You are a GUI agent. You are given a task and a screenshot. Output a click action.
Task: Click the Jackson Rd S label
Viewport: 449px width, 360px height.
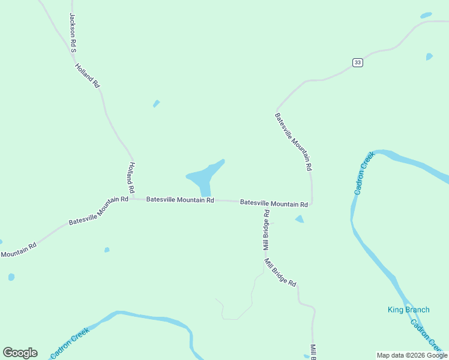click(x=73, y=32)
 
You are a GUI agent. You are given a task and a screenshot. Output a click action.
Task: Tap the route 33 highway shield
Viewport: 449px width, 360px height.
click(x=357, y=62)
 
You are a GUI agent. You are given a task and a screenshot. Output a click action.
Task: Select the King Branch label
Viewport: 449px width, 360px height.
click(x=408, y=310)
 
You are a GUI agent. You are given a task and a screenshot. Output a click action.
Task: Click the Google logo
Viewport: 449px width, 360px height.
click(x=20, y=353)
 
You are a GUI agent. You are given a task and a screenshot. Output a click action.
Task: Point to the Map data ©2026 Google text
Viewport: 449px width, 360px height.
click(x=412, y=355)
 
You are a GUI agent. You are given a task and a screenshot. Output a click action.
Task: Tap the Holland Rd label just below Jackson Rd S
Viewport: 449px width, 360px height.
click(x=87, y=76)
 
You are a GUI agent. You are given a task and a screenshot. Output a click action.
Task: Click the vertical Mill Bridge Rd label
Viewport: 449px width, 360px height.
click(x=266, y=230)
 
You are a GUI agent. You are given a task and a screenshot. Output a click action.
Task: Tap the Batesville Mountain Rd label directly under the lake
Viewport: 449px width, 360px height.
click(x=180, y=200)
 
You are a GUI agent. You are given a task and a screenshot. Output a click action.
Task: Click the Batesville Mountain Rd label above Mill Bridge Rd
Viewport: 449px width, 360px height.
click(x=274, y=203)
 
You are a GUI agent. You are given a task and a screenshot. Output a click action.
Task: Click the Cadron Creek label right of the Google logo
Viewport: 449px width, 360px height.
click(x=70, y=343)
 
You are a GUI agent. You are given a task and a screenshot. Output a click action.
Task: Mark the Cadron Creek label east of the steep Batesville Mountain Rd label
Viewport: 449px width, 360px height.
click(x=364, y=173)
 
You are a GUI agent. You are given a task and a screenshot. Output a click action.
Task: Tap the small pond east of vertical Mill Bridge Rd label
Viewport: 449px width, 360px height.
click(x=299, y=220)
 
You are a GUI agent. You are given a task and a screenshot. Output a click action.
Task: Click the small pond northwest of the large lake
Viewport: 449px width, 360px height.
click(x=156, y=104)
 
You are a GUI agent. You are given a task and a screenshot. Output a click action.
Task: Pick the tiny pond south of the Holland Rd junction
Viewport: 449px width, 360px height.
click(x=107, y=250)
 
